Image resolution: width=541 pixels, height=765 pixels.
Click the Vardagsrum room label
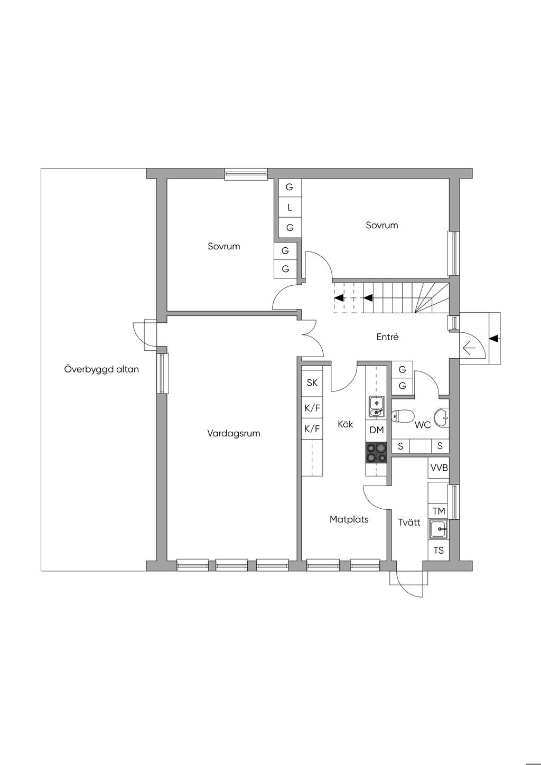coord(234,434)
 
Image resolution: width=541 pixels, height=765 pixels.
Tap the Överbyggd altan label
coord(101,369)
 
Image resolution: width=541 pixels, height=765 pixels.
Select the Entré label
coord(387,337)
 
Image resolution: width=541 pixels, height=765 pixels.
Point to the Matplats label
coord(349,519)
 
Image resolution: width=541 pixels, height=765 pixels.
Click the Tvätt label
coord(409,522)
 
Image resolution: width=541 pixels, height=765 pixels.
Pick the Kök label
coord(346,424)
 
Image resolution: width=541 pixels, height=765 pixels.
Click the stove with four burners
coord(376,453)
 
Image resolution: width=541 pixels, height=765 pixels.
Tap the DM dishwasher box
coord(376,430)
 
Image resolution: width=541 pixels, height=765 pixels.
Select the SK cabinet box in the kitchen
coord(312,383)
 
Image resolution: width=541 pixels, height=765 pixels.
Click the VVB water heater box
coord(439,468)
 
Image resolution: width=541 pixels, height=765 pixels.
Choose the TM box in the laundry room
coord(439,511)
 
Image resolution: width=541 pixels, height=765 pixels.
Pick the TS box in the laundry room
coord(439,550)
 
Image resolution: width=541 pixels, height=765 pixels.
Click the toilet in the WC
coord(403,416)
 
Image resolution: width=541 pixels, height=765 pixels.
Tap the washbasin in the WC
coord(442,417)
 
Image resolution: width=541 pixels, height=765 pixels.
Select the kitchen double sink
coord(376,407)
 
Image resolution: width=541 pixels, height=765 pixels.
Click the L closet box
coord(290,207)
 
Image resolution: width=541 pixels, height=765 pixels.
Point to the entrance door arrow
coord(469,349)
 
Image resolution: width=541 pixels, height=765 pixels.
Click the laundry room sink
coord(439,529)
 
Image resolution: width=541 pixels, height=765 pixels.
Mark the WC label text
coord(423,425)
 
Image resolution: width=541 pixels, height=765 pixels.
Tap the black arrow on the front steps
coord(493,339)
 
